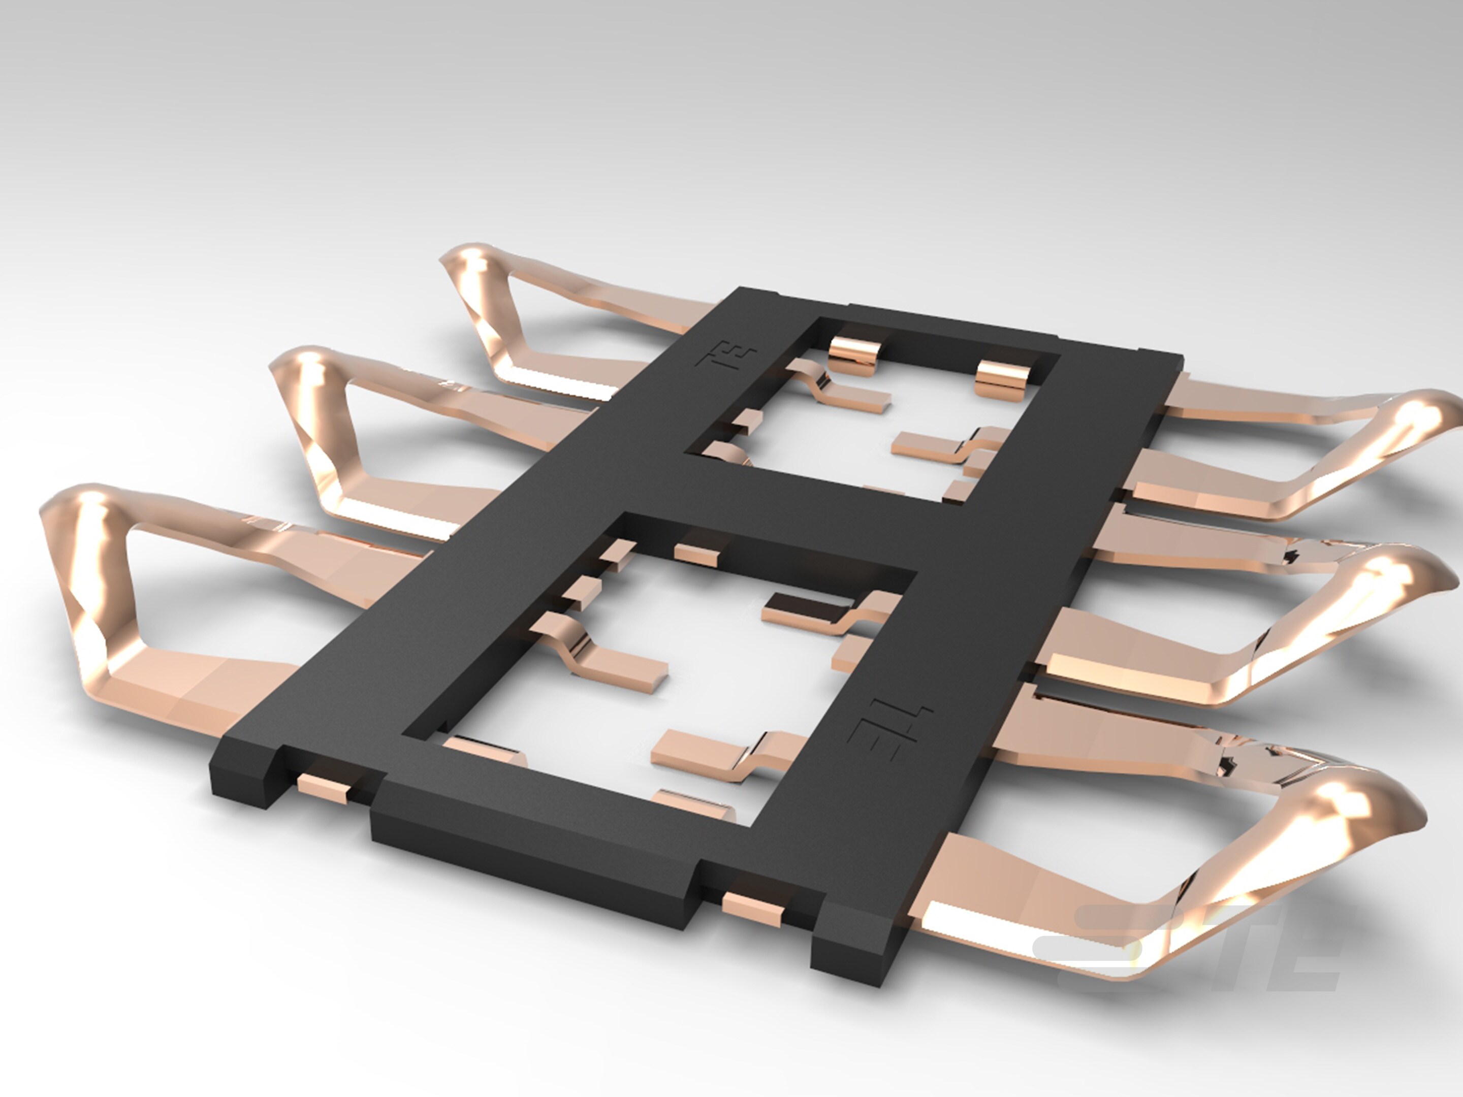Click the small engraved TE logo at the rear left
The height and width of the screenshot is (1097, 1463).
click(728, 358)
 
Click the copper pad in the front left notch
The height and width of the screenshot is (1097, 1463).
click(324, 789)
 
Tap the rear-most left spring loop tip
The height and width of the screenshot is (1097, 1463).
click(467, 261)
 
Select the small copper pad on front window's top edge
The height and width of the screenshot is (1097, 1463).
click(696, 554)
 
